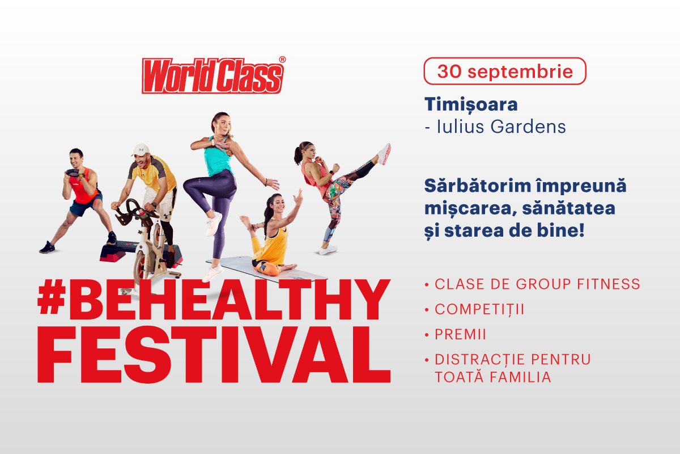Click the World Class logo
click(x=212, y=75)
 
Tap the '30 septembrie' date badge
click(x=505, y=71)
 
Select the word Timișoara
click(x=471, y=105)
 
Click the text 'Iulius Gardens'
click(x=501, y=127)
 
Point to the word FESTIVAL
click(x=214, y=355)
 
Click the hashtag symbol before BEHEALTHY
click(x=52, y=296)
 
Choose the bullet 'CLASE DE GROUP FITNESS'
click(x=537, y=284)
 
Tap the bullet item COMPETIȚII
click(x=479, y=310)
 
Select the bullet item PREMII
click(x=460, y=334)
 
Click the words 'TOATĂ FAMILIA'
click(x=492, y=377)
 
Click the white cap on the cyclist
click(x=141, y=150)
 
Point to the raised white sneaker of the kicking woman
click(x=385, y=154)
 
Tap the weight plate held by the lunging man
click(x=73, y=173)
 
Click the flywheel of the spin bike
click(x=142, y=268)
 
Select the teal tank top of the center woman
click(x=218, y=158)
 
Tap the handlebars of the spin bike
click(x=134, y=211)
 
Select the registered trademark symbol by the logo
click(x=282, y=60)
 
